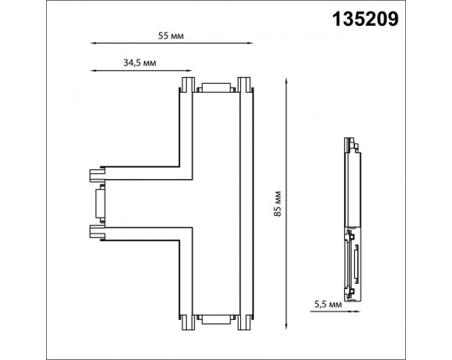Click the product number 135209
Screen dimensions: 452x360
(x=365, y=19)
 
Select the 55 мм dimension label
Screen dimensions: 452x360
(x=171, y=36)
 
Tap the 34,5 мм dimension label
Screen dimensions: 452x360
(x=140, y=63)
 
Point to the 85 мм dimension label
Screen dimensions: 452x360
(x=277, y=203)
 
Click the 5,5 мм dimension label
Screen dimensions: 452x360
(x=328, y=304)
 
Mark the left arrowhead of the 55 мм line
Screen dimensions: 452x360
(x=93, y=44)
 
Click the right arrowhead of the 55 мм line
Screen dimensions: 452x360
(x=250, y=44)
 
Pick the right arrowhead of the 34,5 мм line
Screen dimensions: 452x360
(x=189, y=70)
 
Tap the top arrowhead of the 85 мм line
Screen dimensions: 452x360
(x=286, y=80)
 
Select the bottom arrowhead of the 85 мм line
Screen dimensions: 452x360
(x=286, y=327)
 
